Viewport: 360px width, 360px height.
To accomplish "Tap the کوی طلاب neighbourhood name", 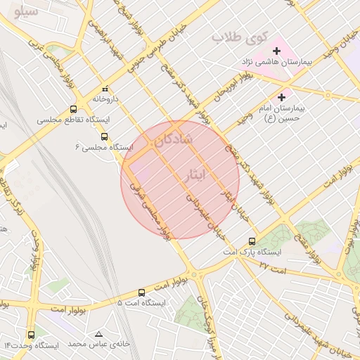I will click(236, 37).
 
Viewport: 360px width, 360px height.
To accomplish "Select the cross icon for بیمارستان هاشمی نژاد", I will click(277, 51).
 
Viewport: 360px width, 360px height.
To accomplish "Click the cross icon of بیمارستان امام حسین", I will click(282, 97).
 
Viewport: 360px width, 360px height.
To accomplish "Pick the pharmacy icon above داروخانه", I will click(105, 89).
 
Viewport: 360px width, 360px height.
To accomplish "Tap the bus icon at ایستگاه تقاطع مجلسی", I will click(73, 110).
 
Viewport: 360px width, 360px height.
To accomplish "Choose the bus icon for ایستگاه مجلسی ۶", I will click(105, 136).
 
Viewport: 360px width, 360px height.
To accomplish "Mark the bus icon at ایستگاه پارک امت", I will click(252, 240).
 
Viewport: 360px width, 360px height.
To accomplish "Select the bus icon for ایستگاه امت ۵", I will click(141, 292).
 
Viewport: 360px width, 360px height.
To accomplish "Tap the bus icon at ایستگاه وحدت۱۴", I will click(31, 335).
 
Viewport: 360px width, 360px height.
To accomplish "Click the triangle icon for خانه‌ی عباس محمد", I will click(98, 334).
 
